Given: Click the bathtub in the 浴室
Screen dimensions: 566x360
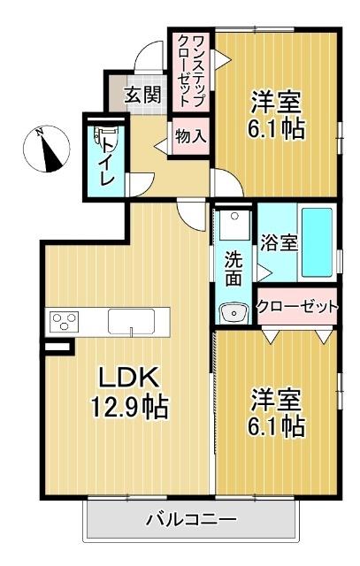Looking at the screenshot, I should (316, 241).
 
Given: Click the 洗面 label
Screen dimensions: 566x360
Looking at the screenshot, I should (234, 269).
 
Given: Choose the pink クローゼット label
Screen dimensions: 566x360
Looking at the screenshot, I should (297, 308).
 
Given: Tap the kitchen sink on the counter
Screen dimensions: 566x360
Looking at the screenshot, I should (132, 321).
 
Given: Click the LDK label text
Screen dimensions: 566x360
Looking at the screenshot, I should (127, 379).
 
